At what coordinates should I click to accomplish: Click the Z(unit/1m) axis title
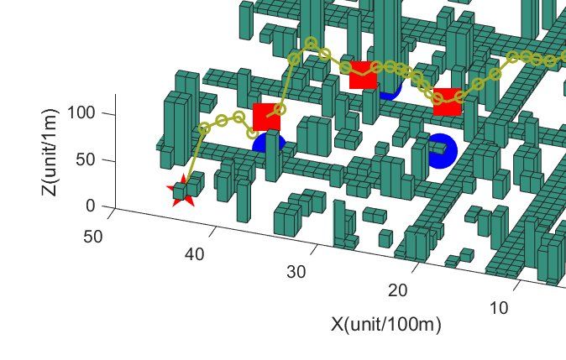pos(49,152)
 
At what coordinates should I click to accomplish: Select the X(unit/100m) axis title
pos(386,324)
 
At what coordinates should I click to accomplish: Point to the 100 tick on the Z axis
pos(81,113)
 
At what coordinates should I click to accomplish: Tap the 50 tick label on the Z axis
pos(86,159)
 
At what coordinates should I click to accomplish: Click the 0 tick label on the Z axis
pos(91,206)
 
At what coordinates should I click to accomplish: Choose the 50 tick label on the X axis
pos(92,237)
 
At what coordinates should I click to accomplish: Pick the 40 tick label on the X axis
pos(195,254)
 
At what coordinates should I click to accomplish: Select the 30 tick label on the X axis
pos(296,272)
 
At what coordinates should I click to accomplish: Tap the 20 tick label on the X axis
pos(398,290)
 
